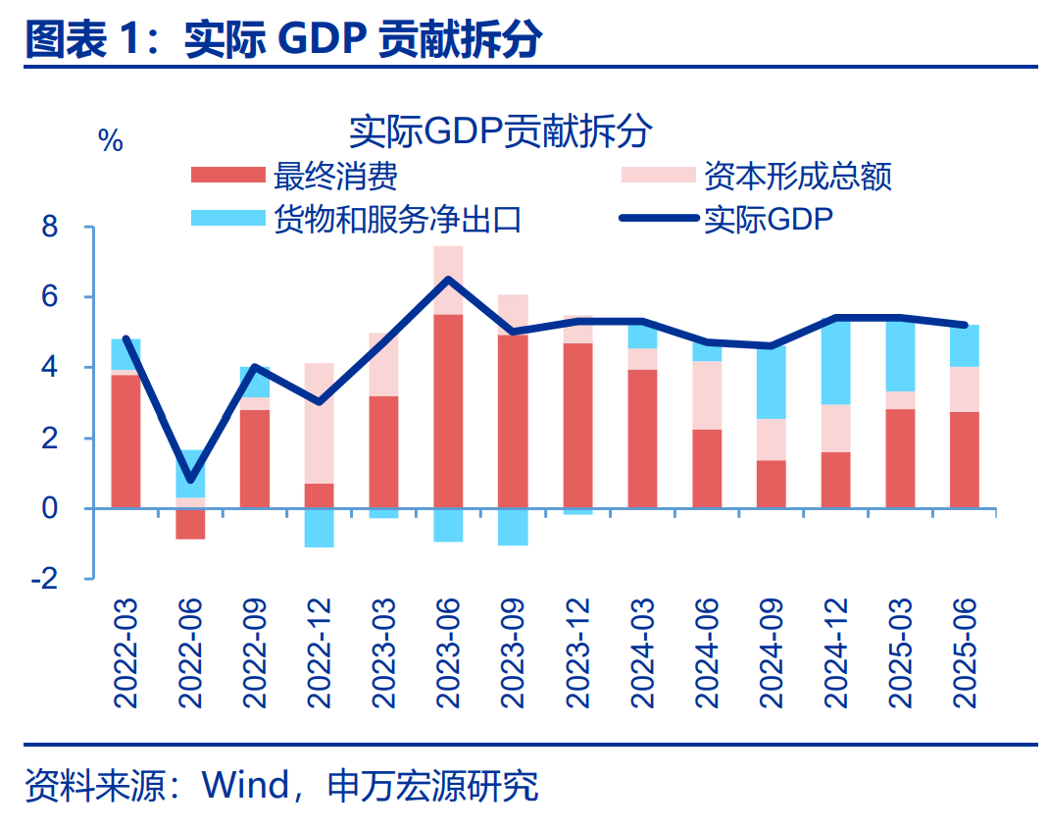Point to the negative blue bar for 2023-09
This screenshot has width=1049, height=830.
coord(513,527)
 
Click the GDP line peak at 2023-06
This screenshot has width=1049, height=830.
coord(448,280)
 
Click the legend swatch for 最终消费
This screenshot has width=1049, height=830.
coord(227,176)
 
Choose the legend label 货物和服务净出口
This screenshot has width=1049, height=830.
coord(397,219)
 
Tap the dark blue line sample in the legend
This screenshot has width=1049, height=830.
coord(660,219)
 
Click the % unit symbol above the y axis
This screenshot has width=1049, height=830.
coord(111,141)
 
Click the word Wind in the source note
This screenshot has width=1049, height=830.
coord(244,786)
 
